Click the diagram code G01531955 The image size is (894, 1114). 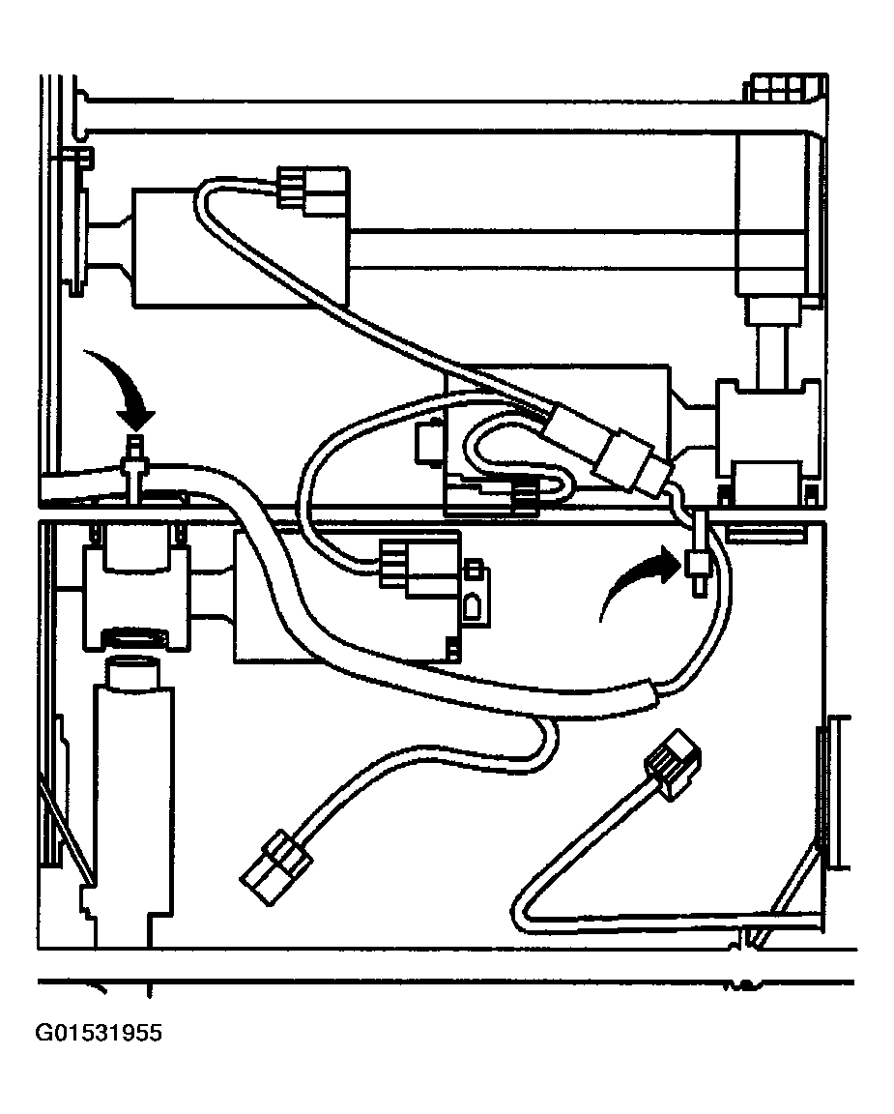tap(99, 1033)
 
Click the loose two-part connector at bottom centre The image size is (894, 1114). tap(276, 866)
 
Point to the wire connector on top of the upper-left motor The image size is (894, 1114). tap(312, 191)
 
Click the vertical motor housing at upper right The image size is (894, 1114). tap(780, 213)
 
